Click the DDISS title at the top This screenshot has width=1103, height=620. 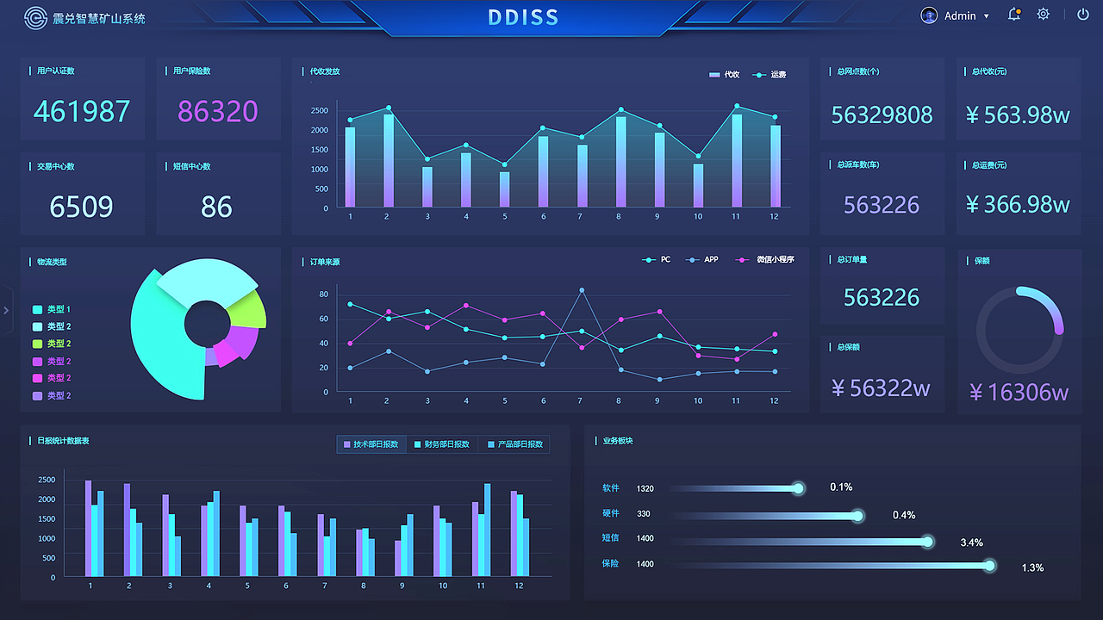(x=523, y=17)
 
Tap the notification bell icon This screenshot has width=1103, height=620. (x=1014, y=15)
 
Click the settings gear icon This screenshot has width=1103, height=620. (x=1044, y=15)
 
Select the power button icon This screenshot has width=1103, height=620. (x=1082, y=15)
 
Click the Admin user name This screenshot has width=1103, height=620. (x=960, y=15)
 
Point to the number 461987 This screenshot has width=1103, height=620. (x=82, y=111)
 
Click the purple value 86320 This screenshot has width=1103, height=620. (x=218, y=111)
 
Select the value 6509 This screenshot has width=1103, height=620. (x=81, y=207)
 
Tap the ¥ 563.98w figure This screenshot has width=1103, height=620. (x=1018, y=115)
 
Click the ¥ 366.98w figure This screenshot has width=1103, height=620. (x=1018, y=204)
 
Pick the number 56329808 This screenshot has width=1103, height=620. (x=882, y=115)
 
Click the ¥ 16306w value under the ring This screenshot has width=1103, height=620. (x=1019, y=393)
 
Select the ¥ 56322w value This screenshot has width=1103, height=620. (x=881, y=388)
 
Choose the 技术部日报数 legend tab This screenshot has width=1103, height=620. (x=371, y=444)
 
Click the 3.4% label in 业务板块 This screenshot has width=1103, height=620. (x=971, y=542)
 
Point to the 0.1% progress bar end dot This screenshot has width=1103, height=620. (x=799, y=488)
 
